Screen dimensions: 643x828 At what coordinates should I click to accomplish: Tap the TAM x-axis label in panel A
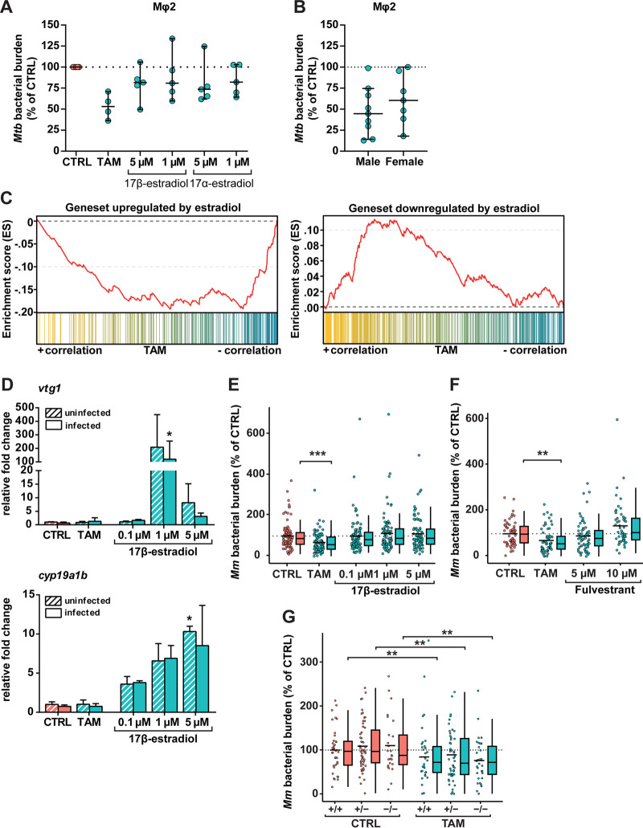tap(109, 161)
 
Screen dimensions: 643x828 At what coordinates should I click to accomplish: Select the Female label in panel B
tap(404, 161)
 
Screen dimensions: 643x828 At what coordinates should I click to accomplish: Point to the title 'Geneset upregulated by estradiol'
tap(154, 207)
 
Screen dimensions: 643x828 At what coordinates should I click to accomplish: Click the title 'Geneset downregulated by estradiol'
tap(444, 209)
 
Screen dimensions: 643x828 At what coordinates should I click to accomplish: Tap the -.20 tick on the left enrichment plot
tap(26, 312)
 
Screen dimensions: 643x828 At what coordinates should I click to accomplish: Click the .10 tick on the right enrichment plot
tap(312, 230)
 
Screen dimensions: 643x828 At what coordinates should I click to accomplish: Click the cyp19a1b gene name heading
tap(63, 575)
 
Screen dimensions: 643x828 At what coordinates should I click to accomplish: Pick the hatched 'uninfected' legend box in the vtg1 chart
tap(53, 413)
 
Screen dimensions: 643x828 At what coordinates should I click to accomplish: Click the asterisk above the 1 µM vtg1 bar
tap(169, 435)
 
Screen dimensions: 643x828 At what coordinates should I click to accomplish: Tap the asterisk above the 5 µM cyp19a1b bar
tap(189, 619)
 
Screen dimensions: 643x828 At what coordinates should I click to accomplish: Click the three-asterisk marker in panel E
tap(317, 455)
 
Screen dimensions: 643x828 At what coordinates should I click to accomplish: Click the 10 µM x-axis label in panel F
tap(621, 573)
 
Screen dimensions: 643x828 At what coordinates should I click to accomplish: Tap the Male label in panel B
tap(368, 161)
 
